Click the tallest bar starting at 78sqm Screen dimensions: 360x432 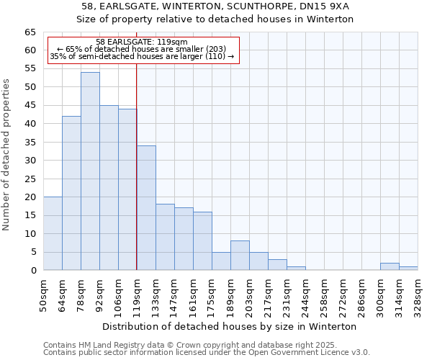90,171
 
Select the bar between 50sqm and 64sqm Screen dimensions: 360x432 53,233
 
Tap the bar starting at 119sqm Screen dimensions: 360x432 146,208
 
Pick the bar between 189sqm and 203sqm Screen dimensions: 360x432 240,256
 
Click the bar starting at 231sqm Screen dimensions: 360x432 296,268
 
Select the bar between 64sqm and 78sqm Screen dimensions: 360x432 71,193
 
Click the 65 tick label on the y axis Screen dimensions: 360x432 30,32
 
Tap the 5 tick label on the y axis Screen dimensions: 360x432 32,252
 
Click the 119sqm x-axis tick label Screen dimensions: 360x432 137,293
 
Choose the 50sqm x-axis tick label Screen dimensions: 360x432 43,293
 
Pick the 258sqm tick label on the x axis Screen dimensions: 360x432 324,293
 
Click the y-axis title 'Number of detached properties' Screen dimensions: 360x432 7,155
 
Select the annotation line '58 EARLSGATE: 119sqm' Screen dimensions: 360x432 141,42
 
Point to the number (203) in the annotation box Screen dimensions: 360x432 216,49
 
